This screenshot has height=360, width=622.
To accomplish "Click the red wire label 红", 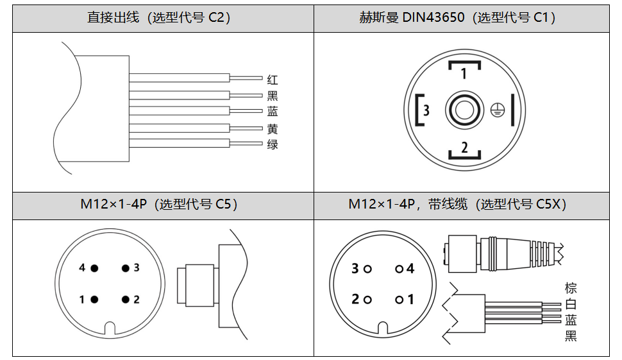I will click(x=273, y=80).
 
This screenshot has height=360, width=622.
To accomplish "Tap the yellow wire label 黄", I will click(x=273, y=128).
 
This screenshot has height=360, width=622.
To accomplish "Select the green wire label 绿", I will click(x=273, y=144).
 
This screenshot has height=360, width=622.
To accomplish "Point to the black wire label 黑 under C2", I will click(x=273, y=96).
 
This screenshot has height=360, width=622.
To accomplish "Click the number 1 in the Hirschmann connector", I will click(x=464, y=74).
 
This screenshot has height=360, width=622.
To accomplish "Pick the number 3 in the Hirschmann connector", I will click(x=426, y=110).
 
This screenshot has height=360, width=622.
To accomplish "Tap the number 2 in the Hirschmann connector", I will click(x=464, y=148).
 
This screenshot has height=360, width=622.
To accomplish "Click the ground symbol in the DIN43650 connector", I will click(x=495, y=110).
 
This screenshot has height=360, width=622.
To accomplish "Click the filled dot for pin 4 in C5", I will click(x=94, y=268).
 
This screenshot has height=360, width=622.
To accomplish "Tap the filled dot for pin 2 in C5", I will click(x=126, y=299).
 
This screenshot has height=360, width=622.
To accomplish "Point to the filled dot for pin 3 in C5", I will click(x=126, y=268).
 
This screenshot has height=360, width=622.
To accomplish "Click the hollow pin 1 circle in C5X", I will click(x=399, y=299).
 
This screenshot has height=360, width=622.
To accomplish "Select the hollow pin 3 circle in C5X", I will click(x=367, y=269).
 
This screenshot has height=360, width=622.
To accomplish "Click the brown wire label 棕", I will click(x=571, y=288).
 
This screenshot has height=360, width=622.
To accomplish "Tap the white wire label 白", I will click(x=571, y=304).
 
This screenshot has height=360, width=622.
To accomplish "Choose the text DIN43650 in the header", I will click(x=434, y=18).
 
